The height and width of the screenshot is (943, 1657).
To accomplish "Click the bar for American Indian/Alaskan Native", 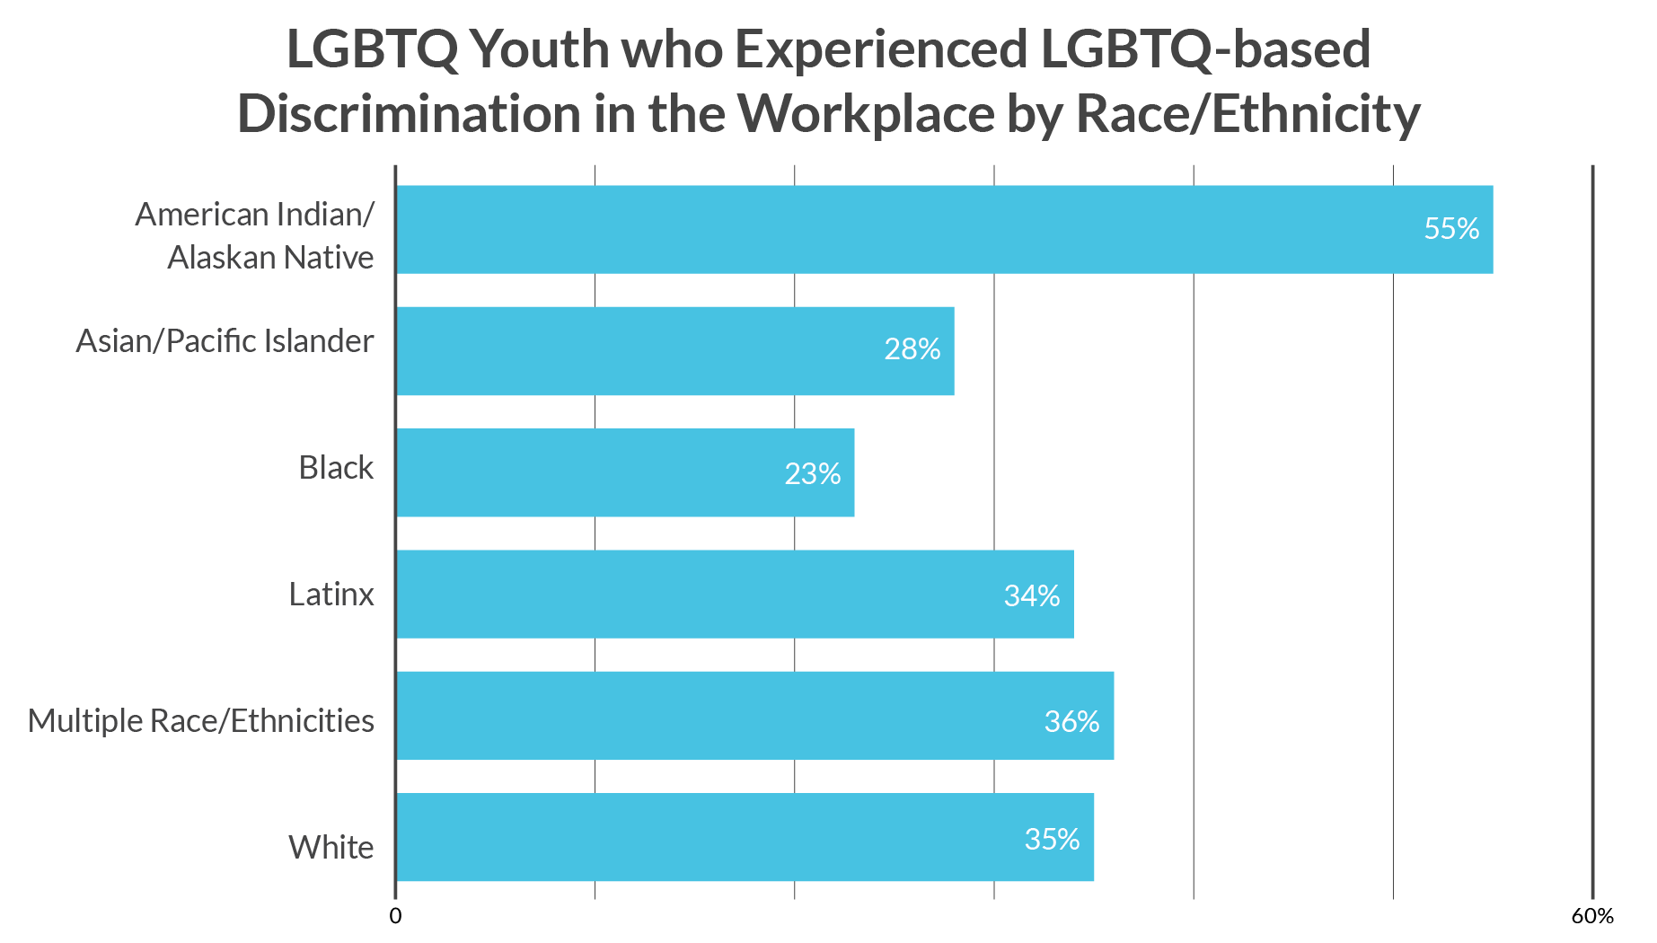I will [898, 229].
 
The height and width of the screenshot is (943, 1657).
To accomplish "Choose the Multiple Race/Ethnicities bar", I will [718, 715].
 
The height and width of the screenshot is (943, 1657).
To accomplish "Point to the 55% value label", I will [1451, 229].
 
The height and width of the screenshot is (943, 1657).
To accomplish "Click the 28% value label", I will [912, 349].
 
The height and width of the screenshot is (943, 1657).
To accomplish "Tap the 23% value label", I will [812, 474].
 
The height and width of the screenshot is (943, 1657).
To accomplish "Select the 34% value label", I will [1031, 596].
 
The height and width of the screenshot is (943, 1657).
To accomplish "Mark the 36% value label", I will [1071, 722].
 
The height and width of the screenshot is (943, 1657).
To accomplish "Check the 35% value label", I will [1052, 840].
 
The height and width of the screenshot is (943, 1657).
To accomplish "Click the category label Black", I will [336, 468].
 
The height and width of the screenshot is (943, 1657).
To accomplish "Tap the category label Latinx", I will [331, 595].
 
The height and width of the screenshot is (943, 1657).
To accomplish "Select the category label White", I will [331, 848].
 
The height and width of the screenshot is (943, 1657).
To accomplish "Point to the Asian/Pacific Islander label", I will [225, 341].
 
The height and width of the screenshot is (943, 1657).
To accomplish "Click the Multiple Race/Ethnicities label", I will [201, 721].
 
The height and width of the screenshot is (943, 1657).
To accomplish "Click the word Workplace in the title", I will [866, 115].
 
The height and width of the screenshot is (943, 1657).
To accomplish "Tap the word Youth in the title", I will [539, 49].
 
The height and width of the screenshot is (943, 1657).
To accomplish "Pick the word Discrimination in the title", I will [409, 115].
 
